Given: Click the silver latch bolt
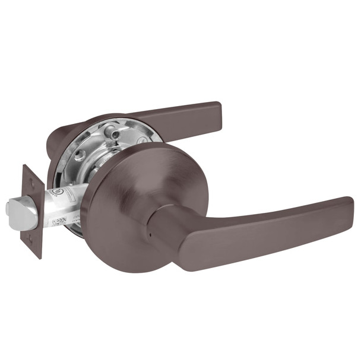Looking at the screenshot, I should [16, 209].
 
